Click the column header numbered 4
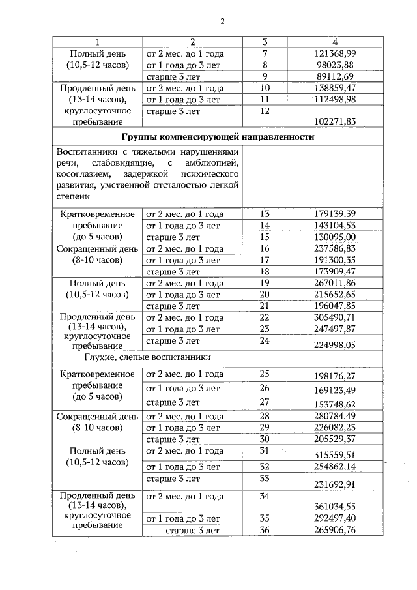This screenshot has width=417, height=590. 335,42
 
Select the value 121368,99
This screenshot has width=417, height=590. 334,53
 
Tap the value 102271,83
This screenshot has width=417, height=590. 334,121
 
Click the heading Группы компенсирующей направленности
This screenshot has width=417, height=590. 218,138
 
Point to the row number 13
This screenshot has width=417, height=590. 265,214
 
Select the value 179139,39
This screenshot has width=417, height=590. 334,214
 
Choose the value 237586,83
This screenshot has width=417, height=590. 334,248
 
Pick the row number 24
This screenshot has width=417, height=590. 265,340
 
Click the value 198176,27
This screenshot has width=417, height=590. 334,377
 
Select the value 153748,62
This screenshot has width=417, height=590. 334,404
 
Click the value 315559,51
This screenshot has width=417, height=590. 334,455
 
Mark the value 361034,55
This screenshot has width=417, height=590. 334,505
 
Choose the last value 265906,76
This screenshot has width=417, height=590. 334,530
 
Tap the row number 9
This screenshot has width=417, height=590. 265,76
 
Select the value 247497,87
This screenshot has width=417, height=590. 334,329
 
